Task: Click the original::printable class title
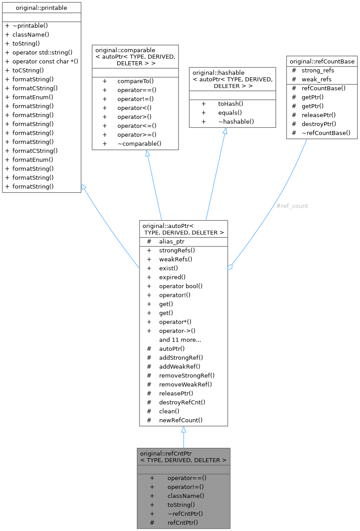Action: tap(41, 8)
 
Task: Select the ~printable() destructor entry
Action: tap(30, 26)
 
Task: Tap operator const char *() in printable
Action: tap(46, 61)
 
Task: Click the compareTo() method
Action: tap(136, 81)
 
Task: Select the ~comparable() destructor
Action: tap(140, 143)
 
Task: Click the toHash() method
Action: tap(231, 104)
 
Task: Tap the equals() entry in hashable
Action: tap(230, 113)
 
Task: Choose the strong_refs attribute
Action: tap(318, 71)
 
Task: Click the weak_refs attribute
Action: tap(317, 79)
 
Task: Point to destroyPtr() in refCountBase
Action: tap(319, 124)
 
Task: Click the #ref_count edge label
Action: tap(292, 206)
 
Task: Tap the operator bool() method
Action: tap(181, 286)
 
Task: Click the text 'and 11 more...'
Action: tap(180, 340)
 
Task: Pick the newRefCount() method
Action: tap(181, 420)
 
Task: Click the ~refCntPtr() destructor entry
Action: tap(185, 514)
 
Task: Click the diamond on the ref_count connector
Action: tap(230, 267)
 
